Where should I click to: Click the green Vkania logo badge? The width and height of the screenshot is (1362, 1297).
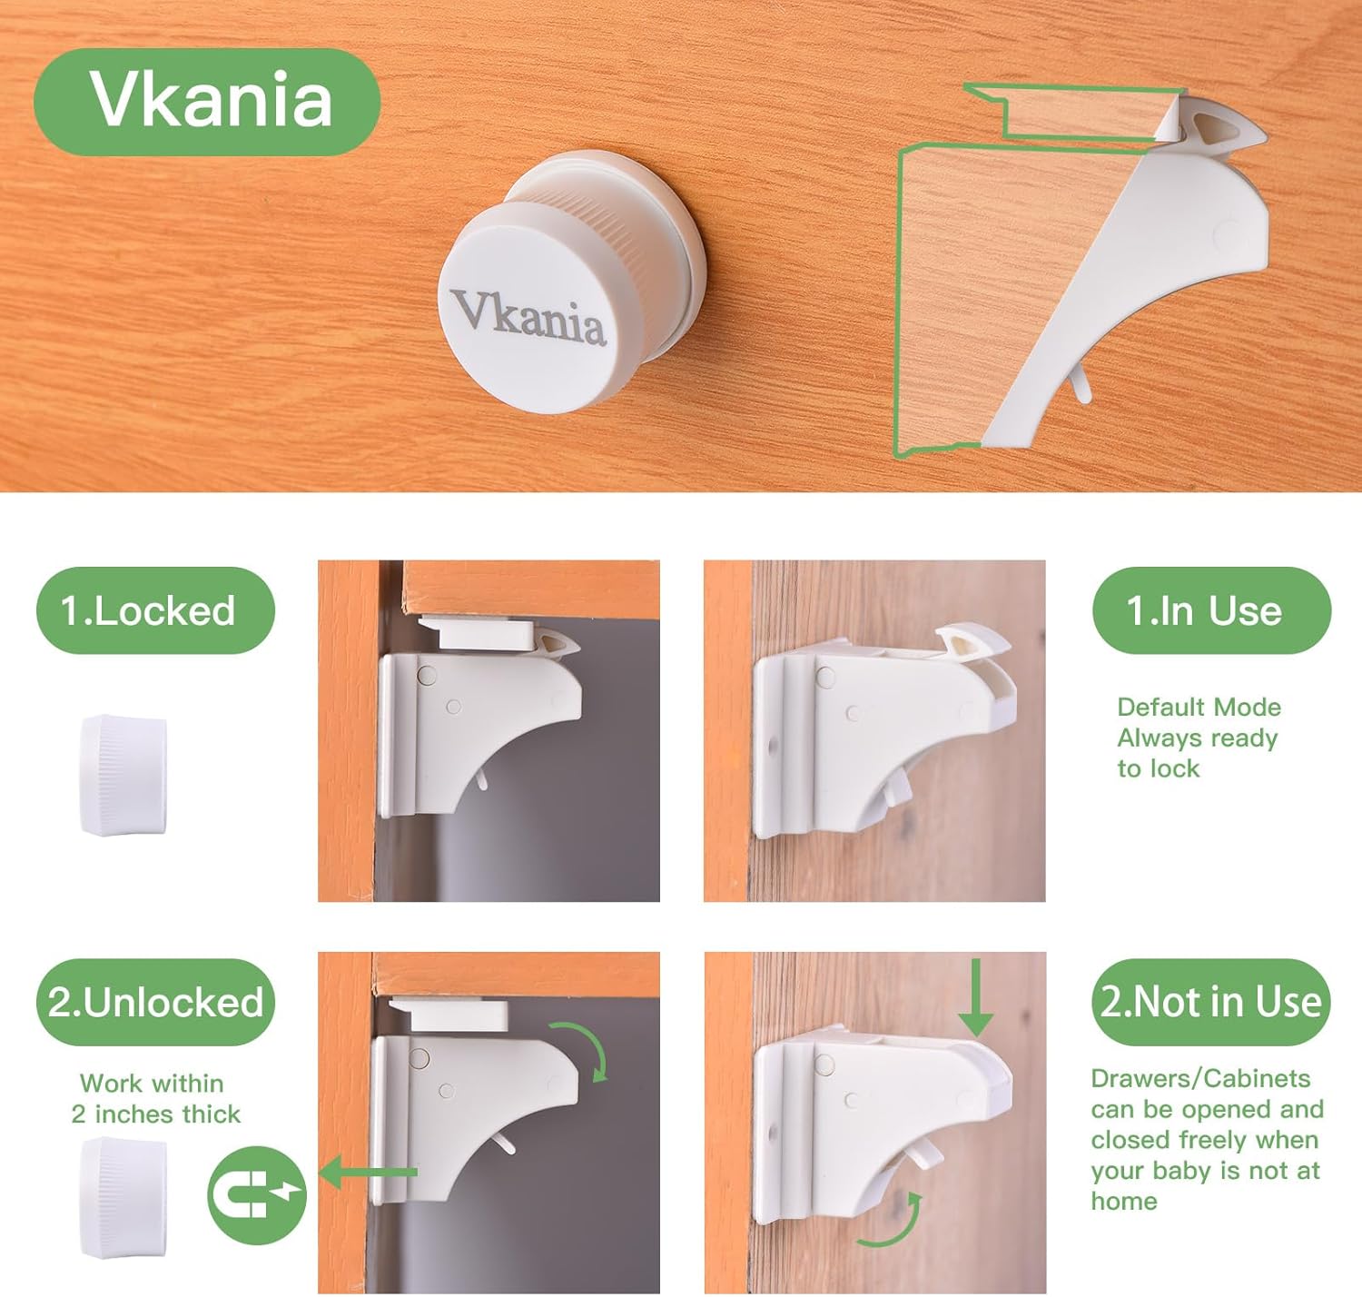(207, 101)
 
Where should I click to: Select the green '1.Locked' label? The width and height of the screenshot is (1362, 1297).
(155, 610)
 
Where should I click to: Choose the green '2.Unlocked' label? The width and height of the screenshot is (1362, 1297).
(155, 1002)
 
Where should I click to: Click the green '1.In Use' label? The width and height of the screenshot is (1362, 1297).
(1210, 610)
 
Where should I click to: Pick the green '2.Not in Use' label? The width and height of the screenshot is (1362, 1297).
(1210, 1002)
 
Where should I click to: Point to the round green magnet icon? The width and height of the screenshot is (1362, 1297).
(257, 1193)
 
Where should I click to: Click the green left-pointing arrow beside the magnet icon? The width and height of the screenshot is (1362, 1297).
(368, 1173)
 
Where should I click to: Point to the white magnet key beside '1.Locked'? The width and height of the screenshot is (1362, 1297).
(123, 774)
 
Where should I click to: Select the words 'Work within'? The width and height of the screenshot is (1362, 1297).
(152, 1083)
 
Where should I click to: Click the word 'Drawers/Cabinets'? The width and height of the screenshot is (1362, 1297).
(1200, 1078)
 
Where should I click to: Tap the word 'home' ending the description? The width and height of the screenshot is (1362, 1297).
(1124, 1201)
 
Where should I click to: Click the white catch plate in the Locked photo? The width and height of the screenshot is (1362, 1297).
(486, 633)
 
